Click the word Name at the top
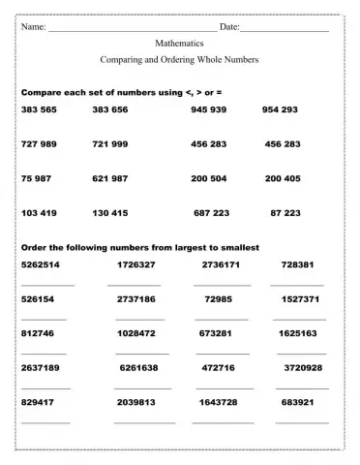[34, 26]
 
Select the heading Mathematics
[179, 44]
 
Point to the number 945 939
[209, 109]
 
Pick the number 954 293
[280, 109]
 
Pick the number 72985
[219, 299]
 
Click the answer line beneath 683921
[301, 422]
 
